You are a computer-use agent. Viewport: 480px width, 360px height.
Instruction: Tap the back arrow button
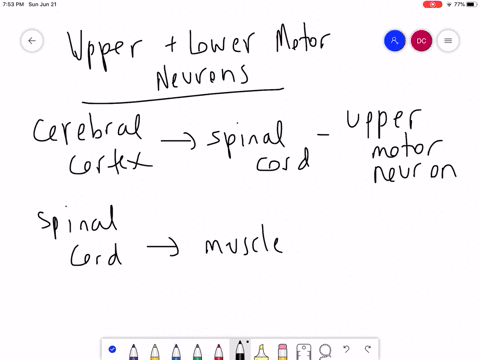32,41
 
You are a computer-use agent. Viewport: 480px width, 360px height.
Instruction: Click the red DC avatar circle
421,41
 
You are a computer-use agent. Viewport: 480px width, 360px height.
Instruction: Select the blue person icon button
395,41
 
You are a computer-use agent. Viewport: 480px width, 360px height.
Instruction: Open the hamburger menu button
448,41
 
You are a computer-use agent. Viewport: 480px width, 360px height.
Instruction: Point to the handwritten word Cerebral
87,130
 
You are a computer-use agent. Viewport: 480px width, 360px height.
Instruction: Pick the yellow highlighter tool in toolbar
261,351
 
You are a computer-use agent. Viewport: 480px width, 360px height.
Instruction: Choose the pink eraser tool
282,351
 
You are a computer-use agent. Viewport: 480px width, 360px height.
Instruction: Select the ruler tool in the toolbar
304,351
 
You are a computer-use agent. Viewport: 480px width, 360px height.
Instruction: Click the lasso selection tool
325,351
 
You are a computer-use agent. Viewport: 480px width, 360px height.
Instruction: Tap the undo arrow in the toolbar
347,350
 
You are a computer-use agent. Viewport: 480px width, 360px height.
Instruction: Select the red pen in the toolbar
217,351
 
